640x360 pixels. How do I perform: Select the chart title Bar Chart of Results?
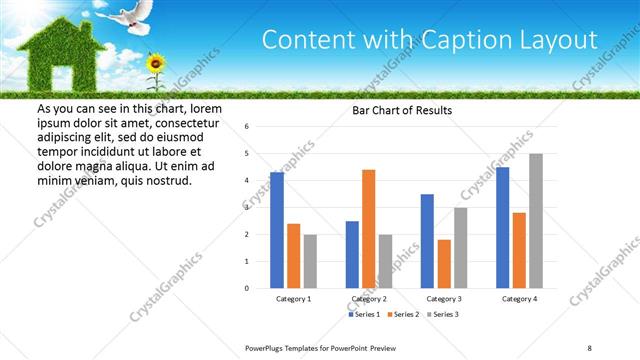[x=402, y=110]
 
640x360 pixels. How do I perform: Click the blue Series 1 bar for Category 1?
[x=277, y=230]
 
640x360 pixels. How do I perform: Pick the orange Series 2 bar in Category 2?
[x=369, y=228]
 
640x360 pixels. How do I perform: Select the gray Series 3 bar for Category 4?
[x=536, y=220]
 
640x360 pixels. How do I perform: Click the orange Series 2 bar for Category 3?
[x=444, y=263]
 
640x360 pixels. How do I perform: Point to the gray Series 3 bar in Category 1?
[x=310, y=261]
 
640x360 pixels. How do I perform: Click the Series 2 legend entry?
[x=401, y=315]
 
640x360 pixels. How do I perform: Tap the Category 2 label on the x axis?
[x=369, y=298]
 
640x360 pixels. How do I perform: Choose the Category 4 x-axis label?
[x=519, y=298]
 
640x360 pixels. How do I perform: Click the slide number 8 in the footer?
[x=589, y=347]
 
